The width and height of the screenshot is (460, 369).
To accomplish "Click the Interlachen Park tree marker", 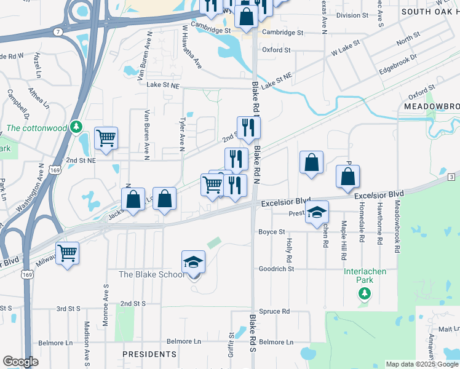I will (365, 294).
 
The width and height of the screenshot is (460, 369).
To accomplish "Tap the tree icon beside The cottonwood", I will (76, 127).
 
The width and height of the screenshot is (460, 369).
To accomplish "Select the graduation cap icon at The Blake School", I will (193, 262).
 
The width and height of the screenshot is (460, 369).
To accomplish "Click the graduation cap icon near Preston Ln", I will (317, 212).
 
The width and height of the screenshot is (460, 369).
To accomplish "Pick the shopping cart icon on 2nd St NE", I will (106, 138).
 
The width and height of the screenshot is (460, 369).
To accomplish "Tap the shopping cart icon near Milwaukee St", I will (67, 252).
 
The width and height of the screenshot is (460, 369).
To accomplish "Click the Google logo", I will (20, 362).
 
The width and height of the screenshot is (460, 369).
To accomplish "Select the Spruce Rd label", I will (274, 311).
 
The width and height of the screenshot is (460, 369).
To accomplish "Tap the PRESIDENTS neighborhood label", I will (149, 354).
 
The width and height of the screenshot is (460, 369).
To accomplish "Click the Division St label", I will (352, 15).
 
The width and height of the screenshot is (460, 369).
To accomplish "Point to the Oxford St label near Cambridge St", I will (276, 50).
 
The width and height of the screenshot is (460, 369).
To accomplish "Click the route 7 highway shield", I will (57, 31).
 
